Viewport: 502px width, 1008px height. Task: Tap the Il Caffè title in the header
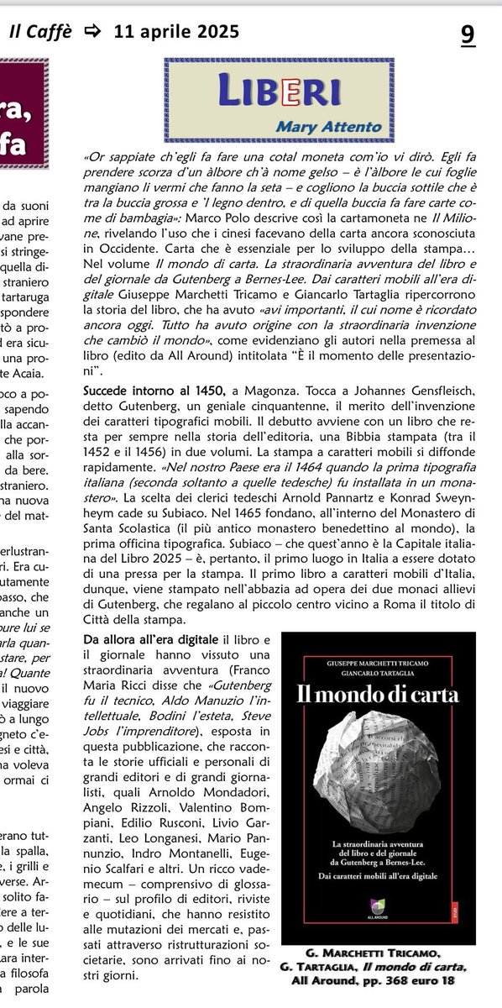point(40,32)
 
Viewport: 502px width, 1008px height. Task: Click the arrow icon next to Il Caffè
point(92,33)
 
